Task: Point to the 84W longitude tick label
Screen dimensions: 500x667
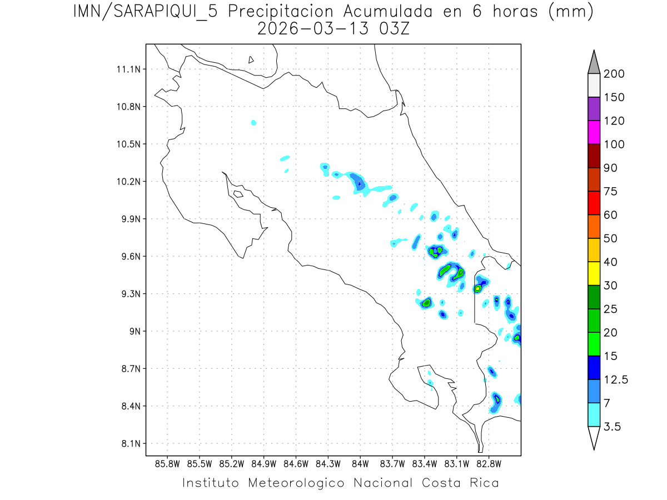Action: (360, 463)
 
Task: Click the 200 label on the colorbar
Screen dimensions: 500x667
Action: (614, 74)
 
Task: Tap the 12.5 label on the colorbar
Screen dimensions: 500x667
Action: (616, 379)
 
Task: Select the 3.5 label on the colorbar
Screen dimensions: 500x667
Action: (613, 427)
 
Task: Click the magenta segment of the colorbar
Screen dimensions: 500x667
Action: (594, 133)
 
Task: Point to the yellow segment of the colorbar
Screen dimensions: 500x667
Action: (594, 273)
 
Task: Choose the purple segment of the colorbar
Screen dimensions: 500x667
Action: (594, 109)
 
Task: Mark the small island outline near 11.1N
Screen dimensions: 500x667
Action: (251, 59)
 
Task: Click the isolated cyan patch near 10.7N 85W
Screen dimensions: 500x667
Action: (253, 122)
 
